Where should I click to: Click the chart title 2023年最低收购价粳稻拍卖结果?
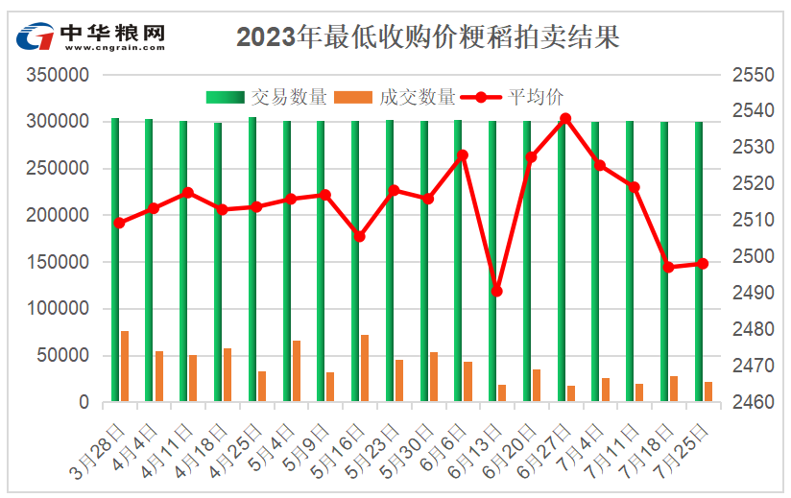coord(427,36)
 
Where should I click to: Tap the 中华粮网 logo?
coord(92,36)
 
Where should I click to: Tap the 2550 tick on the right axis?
coord(753,75)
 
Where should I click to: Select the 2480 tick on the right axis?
coord(753,329)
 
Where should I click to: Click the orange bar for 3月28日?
coord(125,366)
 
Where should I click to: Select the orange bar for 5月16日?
coord(365,368)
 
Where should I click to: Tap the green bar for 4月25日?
coord(252,259)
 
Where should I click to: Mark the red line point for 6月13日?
coord(496,291)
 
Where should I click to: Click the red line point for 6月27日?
coord(565,119)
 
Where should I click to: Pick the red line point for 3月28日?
coord(119,223)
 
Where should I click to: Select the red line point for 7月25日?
coord(703,264)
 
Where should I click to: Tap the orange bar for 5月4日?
coord(297,370)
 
